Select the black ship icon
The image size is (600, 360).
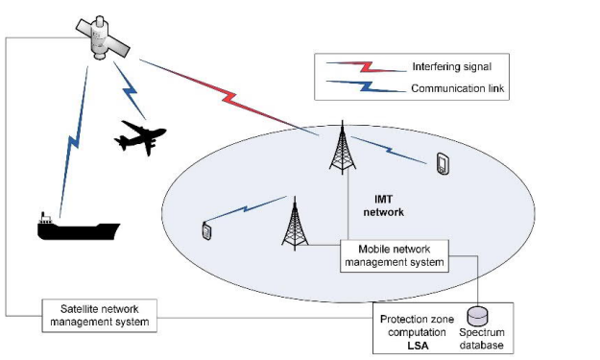(77, 228)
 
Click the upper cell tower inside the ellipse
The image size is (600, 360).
(339, 148)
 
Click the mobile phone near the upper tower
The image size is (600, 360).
(444, 165)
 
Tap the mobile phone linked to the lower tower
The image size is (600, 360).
(206, 231)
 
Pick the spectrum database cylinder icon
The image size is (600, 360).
(477, 315)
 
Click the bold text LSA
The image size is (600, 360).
(416, 344)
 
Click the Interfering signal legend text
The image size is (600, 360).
(450, 67)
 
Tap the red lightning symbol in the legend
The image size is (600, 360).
(356, 67)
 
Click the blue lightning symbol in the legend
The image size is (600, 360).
(356, 89)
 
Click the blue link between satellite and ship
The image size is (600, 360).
(72, 144)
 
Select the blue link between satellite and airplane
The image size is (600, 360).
(131, 90)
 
